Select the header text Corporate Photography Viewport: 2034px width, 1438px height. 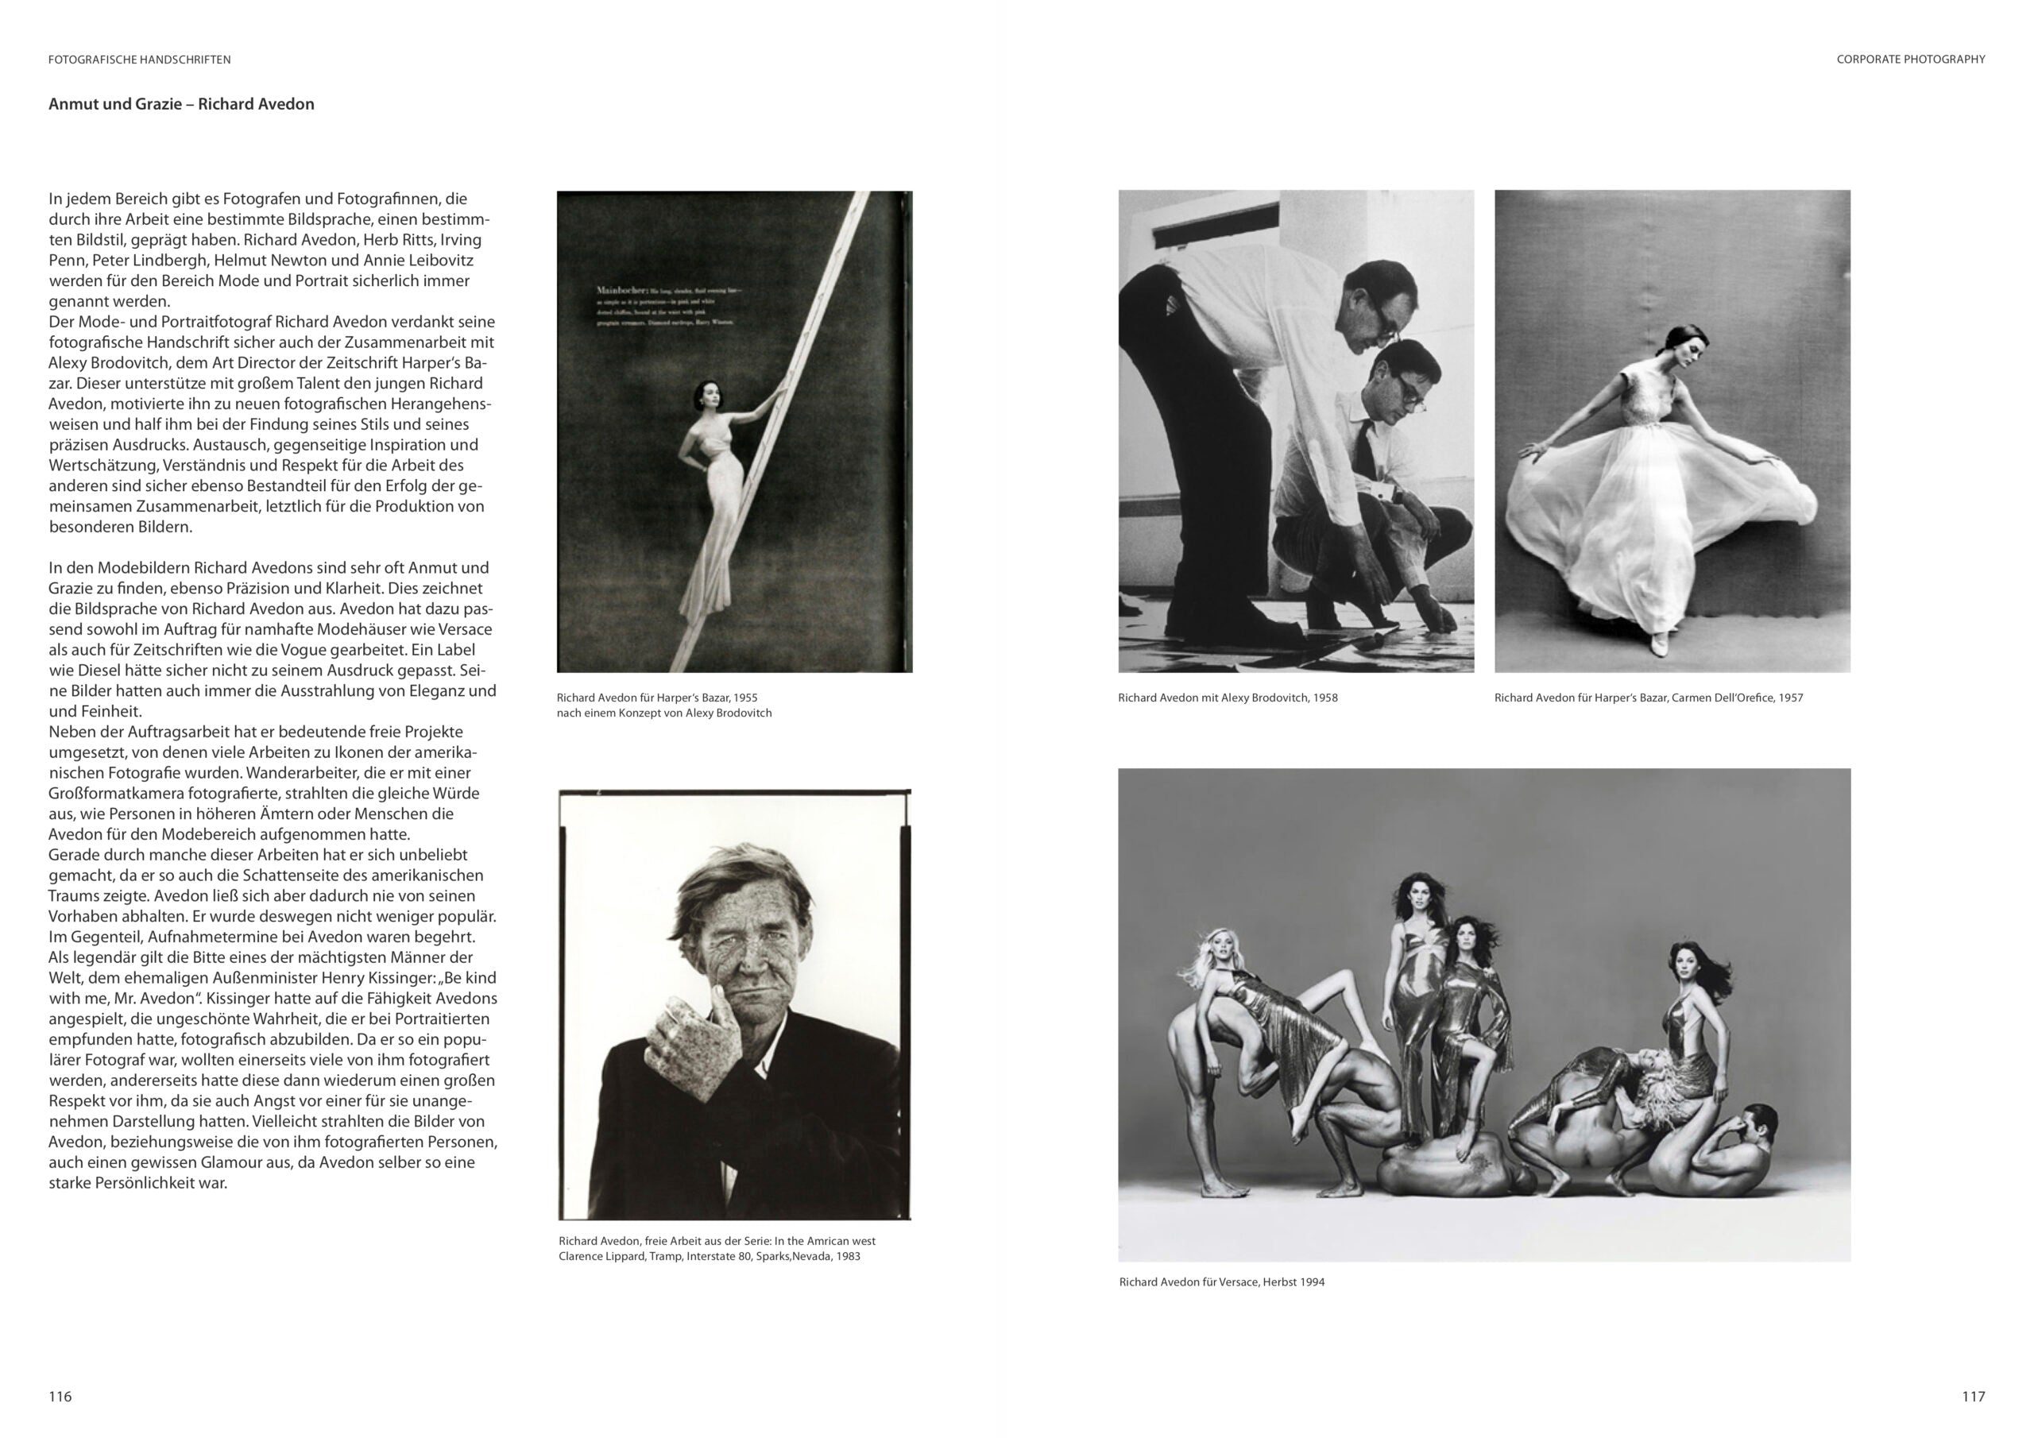pos(1910,60)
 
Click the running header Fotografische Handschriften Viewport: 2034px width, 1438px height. pos(139,60)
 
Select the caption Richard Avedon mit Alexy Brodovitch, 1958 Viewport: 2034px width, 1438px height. pos(1227,698)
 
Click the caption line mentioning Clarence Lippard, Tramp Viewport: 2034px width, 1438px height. pos(709,1256)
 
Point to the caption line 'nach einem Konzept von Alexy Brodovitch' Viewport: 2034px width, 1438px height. pos(663,713)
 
